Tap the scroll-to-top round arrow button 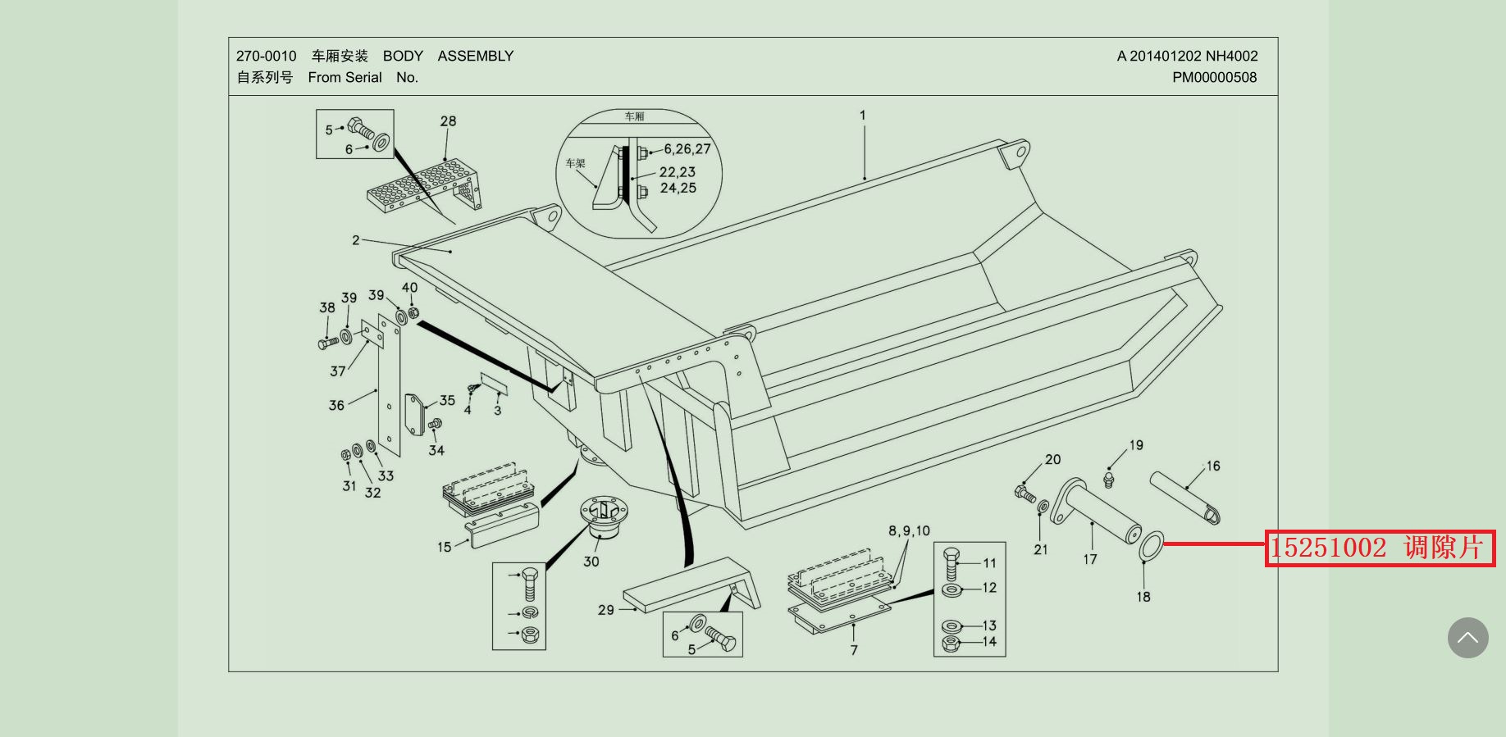1467,638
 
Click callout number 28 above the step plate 448,121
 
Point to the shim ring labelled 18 1151,546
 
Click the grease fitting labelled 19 1110,476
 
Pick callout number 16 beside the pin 1212,466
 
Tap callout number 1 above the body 862,116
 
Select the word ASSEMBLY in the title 475,56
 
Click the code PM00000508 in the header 1214,77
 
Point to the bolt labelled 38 327,342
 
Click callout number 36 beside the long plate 336,405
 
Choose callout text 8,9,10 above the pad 909,531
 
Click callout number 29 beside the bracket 605,610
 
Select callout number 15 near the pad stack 444,547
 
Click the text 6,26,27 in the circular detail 687,149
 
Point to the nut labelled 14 951,643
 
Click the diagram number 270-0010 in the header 266,56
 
